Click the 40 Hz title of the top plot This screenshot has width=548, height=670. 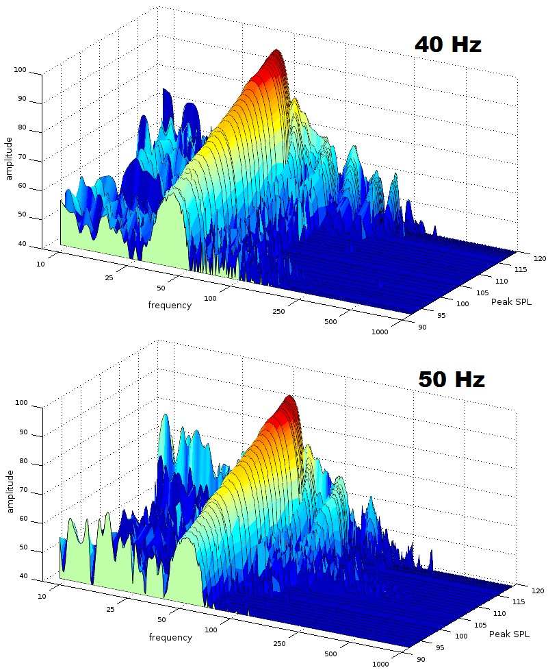(x=448, y=45)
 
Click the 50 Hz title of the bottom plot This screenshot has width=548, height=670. (x=452, y=380)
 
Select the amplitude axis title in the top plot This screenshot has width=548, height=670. (x=9, y=158)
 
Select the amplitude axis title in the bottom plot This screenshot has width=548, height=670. (x=9, y=491)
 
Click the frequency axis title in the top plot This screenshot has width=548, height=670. (x=170, y=305)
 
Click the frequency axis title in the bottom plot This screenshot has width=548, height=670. (x=170, y=637)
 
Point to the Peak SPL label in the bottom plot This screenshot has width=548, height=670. (x=509, y=634)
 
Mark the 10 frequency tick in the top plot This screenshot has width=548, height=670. (x=40, y=264)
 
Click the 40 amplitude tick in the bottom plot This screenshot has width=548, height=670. (x=23, y=576)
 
